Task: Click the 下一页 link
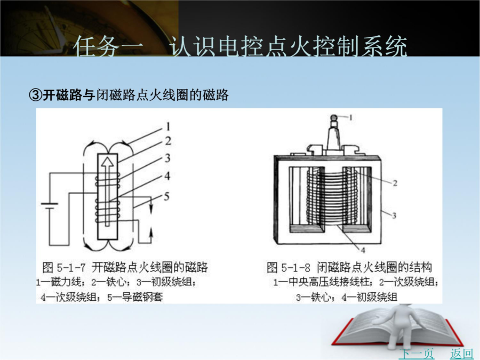click(417, 354)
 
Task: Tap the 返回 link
click(461, 354)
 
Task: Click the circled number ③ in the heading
click(35, 95)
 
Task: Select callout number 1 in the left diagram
click(168, 126)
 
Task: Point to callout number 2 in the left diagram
click(168, 141)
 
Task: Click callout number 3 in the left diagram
click(167, 158)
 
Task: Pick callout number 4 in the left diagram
click(167, 175)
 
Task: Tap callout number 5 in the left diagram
click(166, 196)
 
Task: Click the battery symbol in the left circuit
click(50, 206)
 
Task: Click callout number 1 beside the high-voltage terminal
click(351, 117)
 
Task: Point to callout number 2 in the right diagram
click(395, 183)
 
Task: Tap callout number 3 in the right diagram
click(394, 215)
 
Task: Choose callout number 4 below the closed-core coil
click(363, 251)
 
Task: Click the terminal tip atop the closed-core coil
click(334, 117)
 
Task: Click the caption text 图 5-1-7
click(64, 267)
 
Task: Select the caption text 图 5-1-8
click(289, 267)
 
